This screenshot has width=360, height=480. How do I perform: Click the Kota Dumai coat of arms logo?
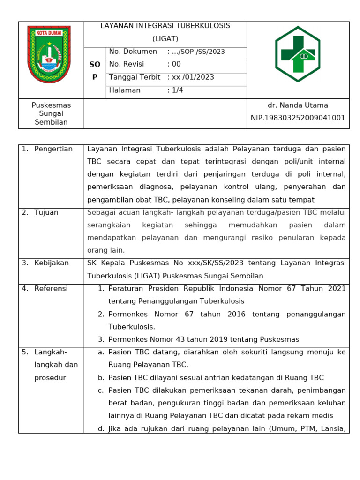[49, 54]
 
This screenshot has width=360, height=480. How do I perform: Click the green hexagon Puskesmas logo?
[298, 54]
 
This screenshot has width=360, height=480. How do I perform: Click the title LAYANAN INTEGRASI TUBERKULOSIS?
[165, 26]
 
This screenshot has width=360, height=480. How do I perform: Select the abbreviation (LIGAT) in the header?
[165, 38]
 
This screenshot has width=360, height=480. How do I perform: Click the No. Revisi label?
[127, 64]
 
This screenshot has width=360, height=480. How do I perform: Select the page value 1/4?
[177, 90]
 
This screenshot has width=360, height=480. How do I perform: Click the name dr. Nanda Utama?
[298, 105]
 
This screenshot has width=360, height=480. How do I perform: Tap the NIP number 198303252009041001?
[298, 118]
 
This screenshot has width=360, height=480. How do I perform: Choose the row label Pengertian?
[53, 149]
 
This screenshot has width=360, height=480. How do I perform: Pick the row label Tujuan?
[46, 212]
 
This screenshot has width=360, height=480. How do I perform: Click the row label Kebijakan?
[52, 263]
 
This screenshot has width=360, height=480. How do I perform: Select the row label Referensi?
[51, 288]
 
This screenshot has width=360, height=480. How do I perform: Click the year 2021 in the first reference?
[337, 288]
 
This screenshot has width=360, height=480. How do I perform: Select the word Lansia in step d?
[334, 428]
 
